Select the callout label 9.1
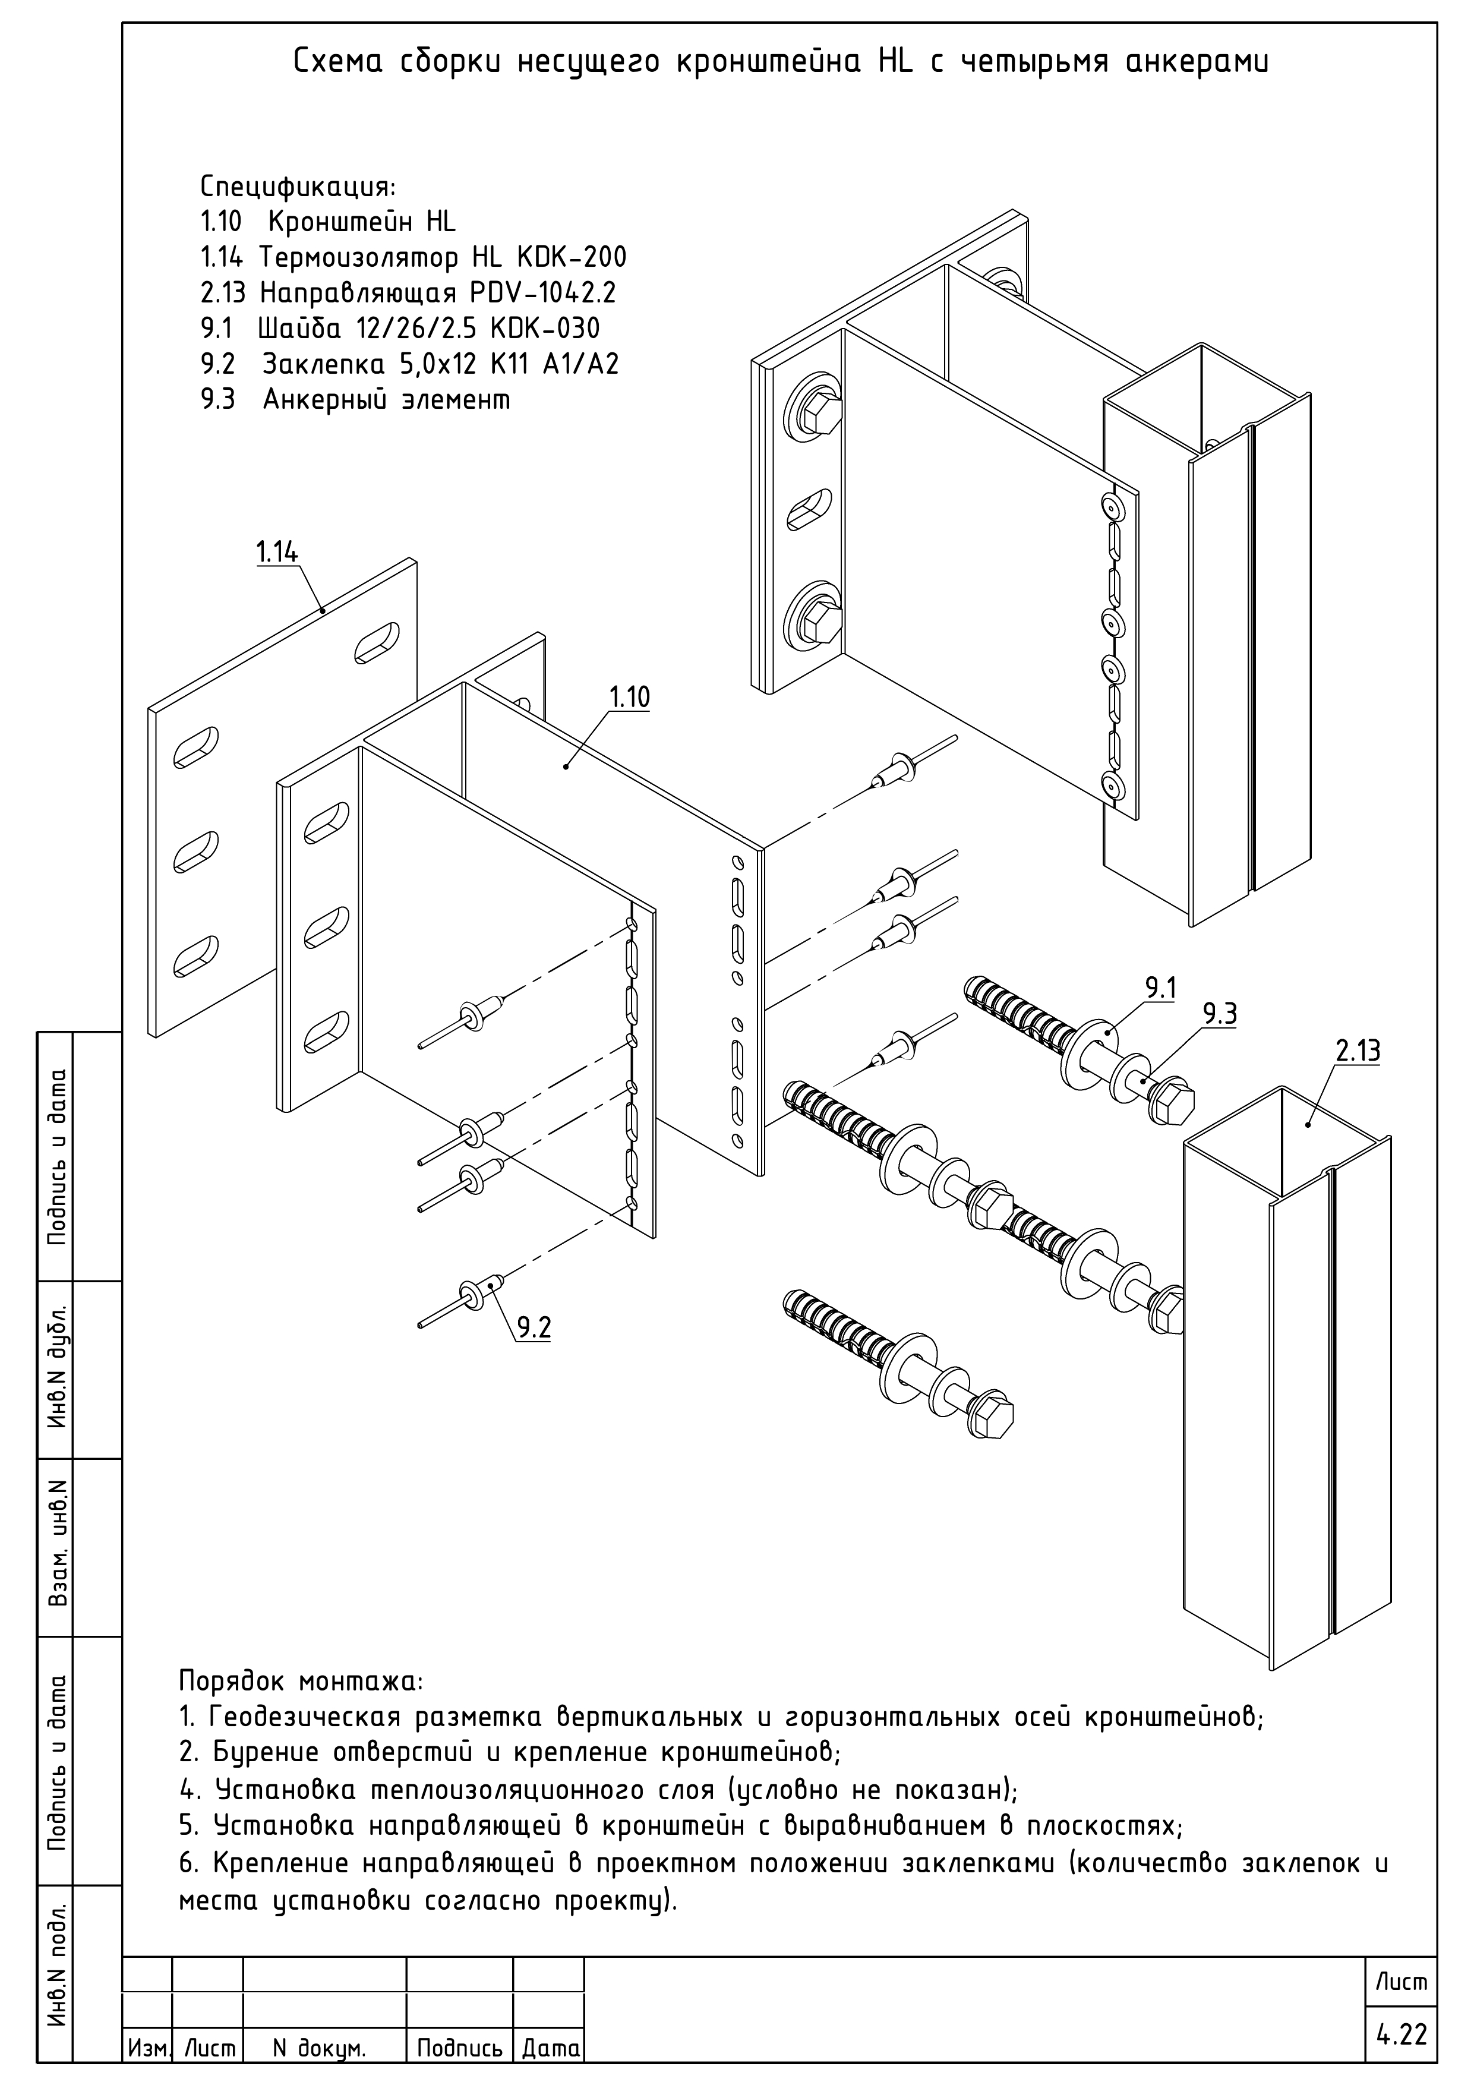point(1160,988)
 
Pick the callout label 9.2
point(534,1327)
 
